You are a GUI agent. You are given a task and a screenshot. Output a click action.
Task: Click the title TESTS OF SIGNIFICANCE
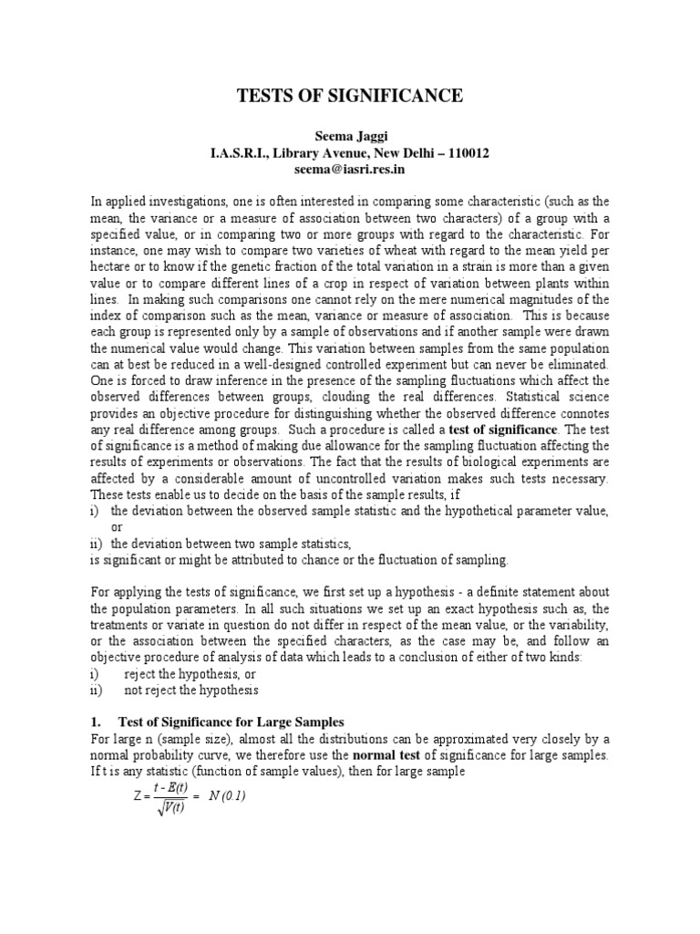pos(351,96)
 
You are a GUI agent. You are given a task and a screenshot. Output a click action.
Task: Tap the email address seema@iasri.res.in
pos(350,170)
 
